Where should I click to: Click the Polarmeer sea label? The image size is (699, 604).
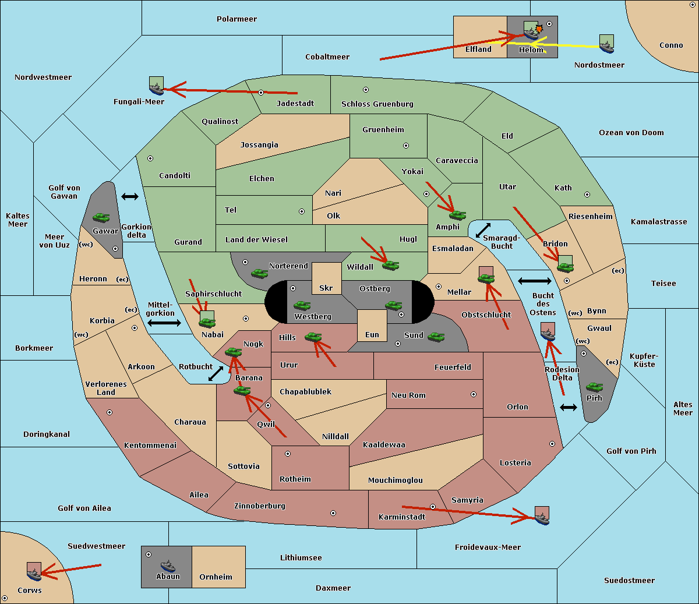point(236,19)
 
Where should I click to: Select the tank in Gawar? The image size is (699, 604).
point(101,218)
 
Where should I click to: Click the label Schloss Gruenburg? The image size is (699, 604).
point(377,104)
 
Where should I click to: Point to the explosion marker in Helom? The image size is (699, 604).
point(539,28)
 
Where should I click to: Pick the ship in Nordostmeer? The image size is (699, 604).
point(606,44)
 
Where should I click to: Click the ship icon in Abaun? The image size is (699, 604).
point(168,566)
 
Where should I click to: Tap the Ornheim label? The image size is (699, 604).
point(216,577)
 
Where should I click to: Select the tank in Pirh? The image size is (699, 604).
point(594,387)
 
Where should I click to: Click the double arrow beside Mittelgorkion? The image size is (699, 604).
point(164,323)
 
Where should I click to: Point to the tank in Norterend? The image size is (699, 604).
point(259,273)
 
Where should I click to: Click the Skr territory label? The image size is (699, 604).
point(326,288)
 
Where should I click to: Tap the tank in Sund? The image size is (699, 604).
point(436,337)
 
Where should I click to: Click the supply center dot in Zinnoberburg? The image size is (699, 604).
point(333,513)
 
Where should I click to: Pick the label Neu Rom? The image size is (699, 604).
point(408,395)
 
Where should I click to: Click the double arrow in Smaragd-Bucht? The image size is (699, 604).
point(483,230)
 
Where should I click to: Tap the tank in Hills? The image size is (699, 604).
point(313,337)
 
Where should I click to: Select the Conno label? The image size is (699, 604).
point(671,45)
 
